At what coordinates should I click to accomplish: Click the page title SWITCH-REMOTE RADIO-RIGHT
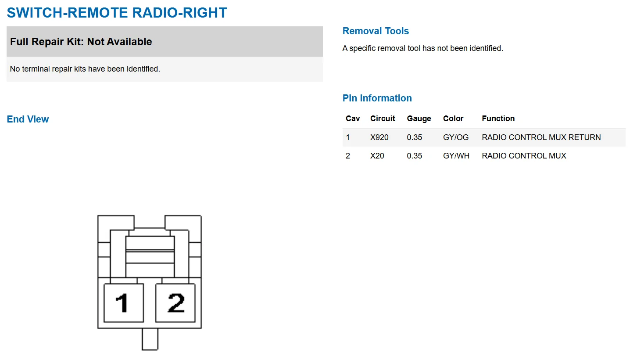[117, 13]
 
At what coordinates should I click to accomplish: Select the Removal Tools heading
[376, 31]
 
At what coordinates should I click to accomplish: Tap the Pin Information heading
[377, 98]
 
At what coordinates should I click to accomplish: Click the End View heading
[28, 119]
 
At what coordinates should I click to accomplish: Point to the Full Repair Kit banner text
[81, 42]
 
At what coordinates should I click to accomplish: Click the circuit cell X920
[379, 137]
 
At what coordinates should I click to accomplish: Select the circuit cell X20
[377, 156]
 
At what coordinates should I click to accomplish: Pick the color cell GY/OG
[455, 137]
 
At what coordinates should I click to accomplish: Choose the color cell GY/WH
[456, 156]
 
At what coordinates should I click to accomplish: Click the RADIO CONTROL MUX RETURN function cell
[541, 137]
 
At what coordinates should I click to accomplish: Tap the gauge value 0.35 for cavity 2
[414, 156]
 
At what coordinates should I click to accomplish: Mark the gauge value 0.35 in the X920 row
[414, 137]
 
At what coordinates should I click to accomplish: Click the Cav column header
[353, 119]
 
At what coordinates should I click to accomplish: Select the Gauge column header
[419, 119]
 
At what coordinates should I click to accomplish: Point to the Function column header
[498, 119]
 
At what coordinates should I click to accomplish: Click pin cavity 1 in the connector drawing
[124, 303]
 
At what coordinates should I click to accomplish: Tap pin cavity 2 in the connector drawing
[175, 303]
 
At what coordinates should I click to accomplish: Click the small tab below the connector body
[150, 339]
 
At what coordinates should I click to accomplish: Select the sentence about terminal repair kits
[85, 69]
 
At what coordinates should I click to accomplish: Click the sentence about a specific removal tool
[422, 49]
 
